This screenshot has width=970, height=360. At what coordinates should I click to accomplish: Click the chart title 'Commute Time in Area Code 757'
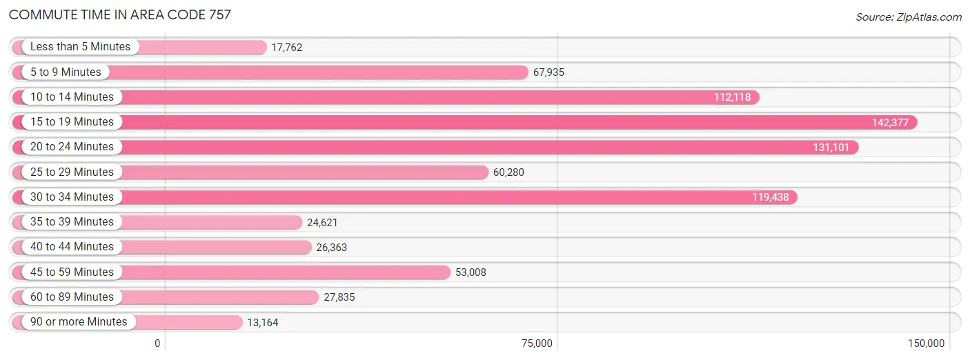(120, 14)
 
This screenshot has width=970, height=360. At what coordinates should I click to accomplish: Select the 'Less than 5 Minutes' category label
(80, 47)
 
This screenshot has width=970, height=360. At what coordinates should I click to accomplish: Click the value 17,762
(287, 48)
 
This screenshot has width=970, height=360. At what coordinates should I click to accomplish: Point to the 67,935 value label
(548, 72)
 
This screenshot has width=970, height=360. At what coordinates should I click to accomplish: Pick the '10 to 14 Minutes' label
(72, 97)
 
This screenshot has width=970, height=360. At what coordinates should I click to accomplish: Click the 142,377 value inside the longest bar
(893, 123)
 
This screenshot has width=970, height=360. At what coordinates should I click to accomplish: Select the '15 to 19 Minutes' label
(72, 122)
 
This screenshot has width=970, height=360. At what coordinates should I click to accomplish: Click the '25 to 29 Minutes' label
(72, 172)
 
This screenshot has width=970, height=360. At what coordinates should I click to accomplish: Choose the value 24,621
(322, 222)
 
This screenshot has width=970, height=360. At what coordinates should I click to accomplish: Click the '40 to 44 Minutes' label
(72, 247)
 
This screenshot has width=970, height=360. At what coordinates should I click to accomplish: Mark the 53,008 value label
(471, 272)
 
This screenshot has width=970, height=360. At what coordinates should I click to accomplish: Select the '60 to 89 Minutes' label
(72, 297)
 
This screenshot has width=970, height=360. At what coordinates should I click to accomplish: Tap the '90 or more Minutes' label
(79, 322)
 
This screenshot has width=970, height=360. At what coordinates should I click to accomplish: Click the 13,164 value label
(263, 323)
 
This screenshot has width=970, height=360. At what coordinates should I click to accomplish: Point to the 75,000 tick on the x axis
(537, 343)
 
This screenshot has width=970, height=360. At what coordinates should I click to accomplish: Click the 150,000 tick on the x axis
(926, 343)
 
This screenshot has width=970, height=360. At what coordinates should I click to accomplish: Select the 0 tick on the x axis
(157, 343)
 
